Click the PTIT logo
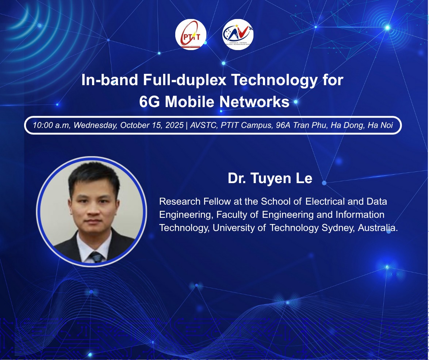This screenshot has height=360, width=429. (x=191, y=34)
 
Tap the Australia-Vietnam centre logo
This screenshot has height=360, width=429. (x=238, y=34)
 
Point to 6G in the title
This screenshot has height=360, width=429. (x=149, y=102)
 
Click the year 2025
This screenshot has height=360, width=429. (x=174, y=125)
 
